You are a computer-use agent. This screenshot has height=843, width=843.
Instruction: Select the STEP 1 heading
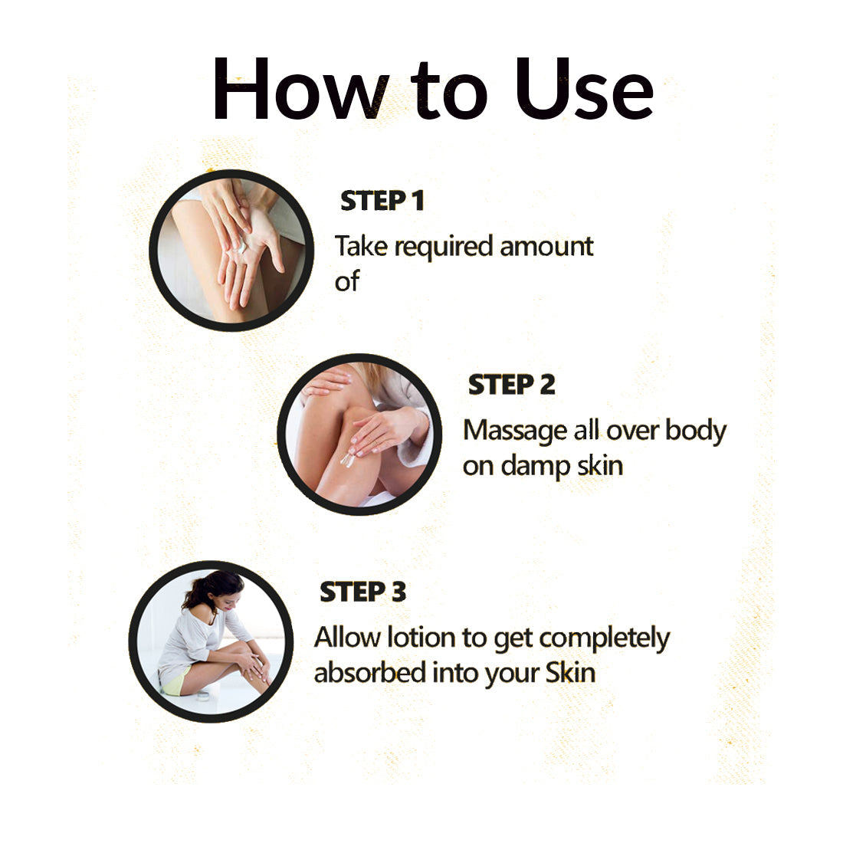pos(382,201)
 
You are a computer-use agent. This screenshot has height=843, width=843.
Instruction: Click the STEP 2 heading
pos(511,385)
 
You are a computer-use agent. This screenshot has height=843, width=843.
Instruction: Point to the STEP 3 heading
pos(363,592)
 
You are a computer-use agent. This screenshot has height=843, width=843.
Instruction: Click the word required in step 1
pos(444,248)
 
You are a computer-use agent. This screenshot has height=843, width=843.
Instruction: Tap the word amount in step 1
pos(546,248)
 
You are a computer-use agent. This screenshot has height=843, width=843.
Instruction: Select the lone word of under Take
pos(346,281)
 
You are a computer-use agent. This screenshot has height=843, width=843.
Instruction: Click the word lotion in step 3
pos(421,638)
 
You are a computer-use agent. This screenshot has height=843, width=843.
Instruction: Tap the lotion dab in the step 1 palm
pos(241,247)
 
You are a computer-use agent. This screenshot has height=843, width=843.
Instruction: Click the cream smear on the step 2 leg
pos(347,459)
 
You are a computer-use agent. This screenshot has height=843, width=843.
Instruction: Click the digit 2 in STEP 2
pos(546,385)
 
